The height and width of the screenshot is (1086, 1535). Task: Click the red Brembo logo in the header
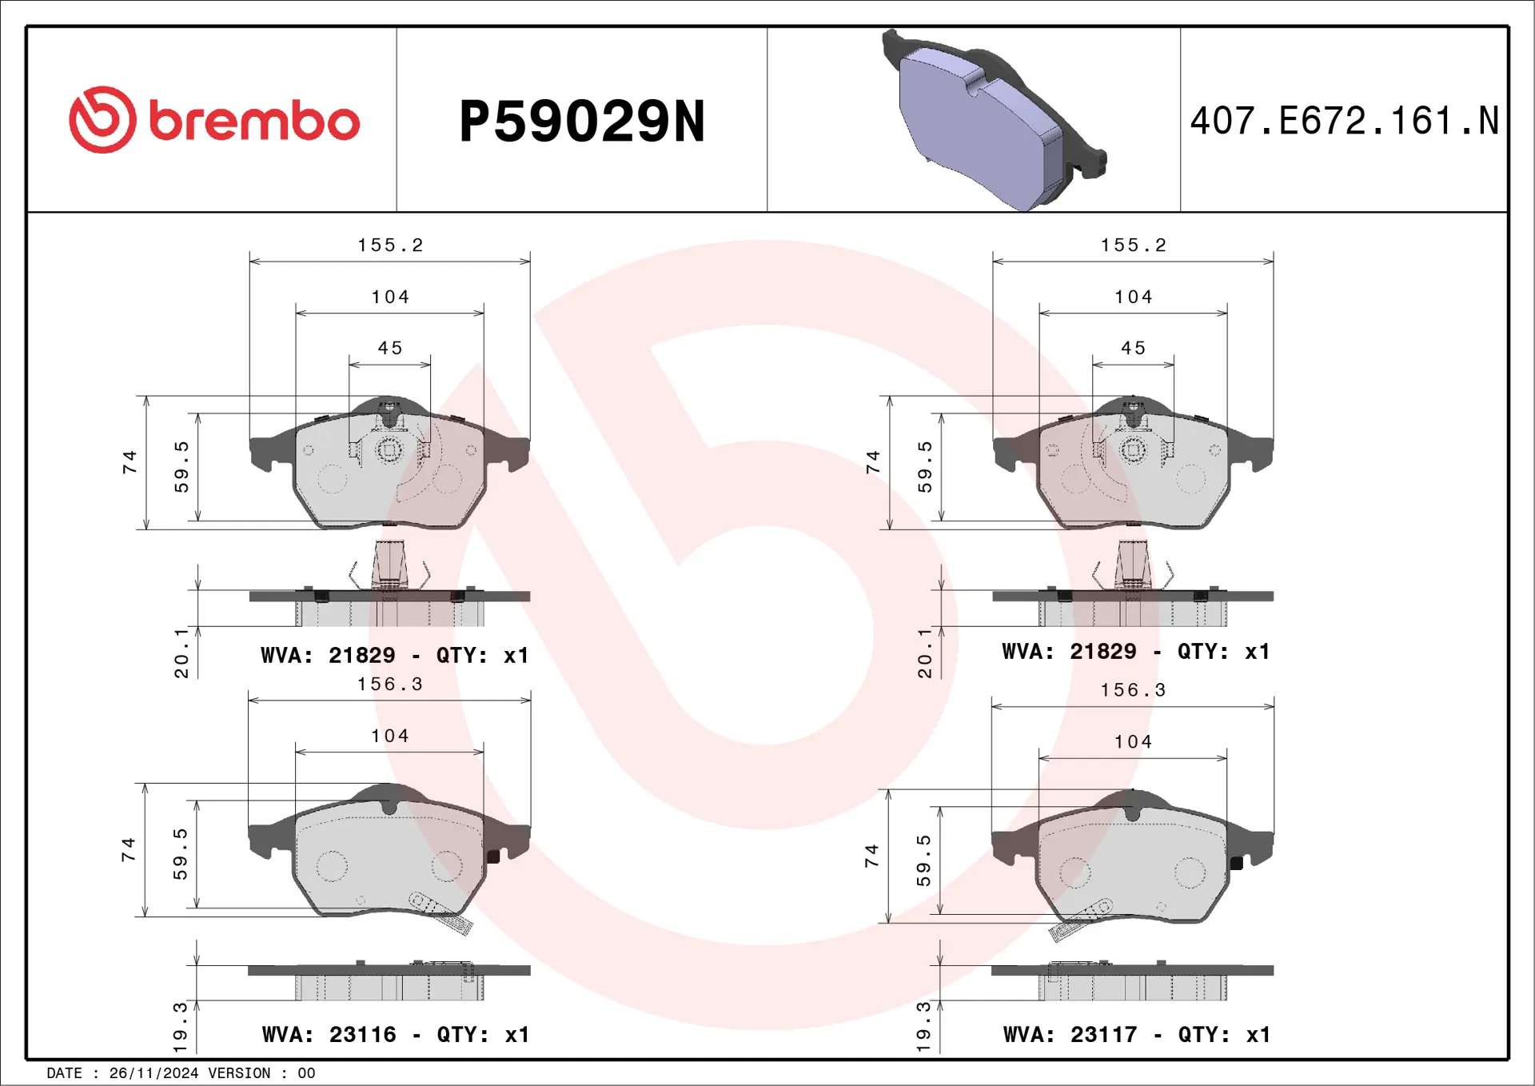point(214,120)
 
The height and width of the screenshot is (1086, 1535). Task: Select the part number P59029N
point(582,122)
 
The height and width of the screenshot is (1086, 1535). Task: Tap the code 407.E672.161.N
point(1344,121)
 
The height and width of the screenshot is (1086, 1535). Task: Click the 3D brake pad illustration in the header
point(994,120)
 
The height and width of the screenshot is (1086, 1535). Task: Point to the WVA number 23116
point(362,1034)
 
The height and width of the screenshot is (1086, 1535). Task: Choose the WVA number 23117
point(1103,1034)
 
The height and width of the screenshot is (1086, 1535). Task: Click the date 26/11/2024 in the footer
point(153,1073)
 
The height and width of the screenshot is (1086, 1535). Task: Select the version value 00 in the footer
point(306,1073)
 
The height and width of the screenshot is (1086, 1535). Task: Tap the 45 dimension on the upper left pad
point(390,348)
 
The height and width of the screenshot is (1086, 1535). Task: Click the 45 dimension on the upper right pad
point(1133,348)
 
